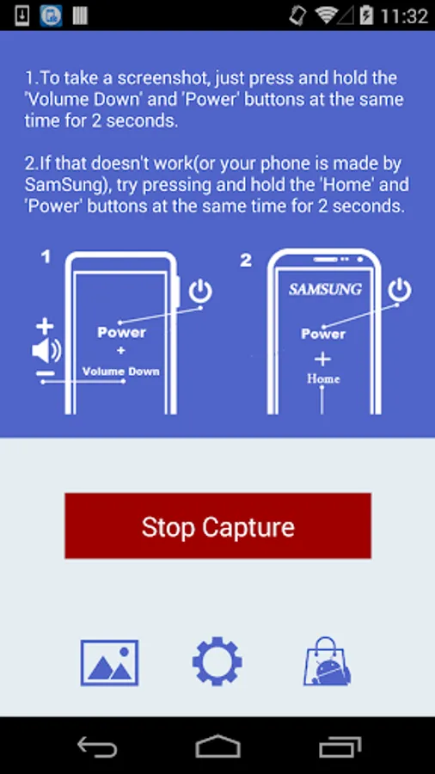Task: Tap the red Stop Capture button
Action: tap(217, 525)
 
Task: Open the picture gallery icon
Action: tap(109, 662)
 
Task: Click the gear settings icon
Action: tap(217, 661)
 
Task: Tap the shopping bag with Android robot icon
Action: tap(327, 661)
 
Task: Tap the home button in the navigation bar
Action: tap(217, 746)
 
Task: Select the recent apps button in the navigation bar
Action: tap(340, 746)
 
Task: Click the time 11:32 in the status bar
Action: tap(404, 15)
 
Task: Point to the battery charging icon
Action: tap(366, 15)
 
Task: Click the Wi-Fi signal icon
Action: tap(326, 15)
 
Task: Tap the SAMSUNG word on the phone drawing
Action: tap(325, 289)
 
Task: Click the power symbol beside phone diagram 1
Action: tap(200, 292)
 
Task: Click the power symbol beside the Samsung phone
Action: tap(400, 291)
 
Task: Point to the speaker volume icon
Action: tap(46, 351)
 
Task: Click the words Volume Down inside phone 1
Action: tap(121, 372)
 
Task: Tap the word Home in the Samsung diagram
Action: tap(323, 378)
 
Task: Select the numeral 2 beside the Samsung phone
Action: tap(246, 260)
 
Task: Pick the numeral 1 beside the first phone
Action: tap(46, 256)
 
